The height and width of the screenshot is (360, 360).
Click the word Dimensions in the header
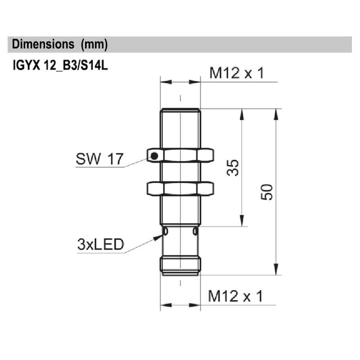[43, 45]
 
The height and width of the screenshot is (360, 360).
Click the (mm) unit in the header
[94, 45]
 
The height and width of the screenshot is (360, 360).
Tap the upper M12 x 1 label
[236, 73]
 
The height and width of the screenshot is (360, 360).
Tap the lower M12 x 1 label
[235, 297]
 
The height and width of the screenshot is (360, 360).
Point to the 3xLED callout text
[100, 245]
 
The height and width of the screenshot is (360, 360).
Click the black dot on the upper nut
[154, 156]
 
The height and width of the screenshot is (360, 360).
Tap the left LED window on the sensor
[165, 231]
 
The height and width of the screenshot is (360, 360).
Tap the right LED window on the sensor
[195, 231]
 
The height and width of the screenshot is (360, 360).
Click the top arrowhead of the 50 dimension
[275, 114]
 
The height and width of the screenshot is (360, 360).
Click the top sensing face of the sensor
[180, 109]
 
